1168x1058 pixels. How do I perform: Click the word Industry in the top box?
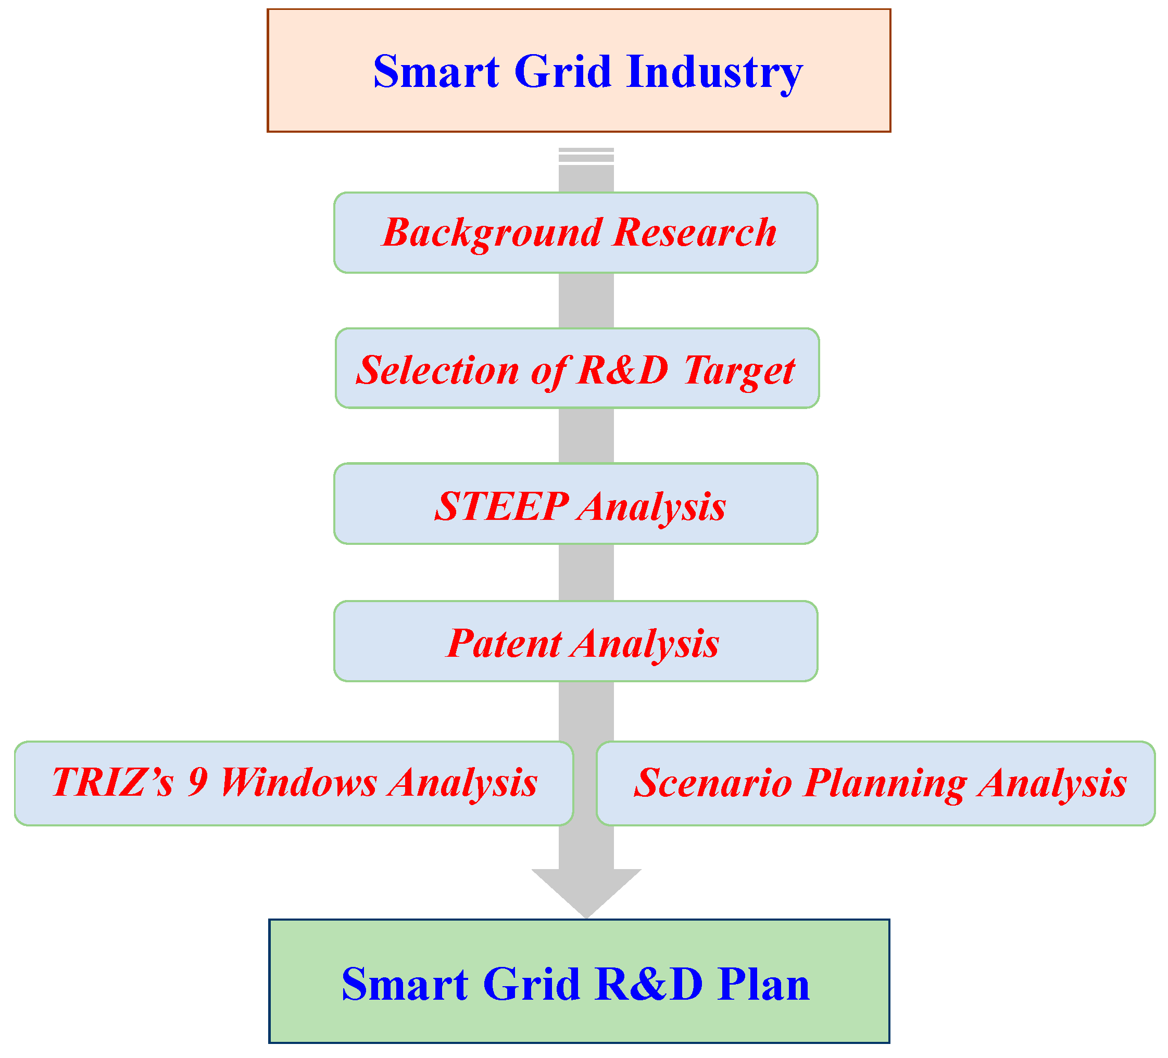point(714,72)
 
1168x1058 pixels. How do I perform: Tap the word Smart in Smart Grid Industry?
point(436,71)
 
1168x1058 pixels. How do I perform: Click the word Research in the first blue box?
point(694,233)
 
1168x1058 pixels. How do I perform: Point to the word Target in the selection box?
point(739,371)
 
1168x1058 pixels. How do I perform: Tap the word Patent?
point(504,643)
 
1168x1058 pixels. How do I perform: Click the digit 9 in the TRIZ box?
point(198,782)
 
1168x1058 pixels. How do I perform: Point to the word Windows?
point(299,782)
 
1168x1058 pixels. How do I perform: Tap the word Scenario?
point(712,783)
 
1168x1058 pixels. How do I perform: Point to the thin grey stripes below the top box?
point(586,155)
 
